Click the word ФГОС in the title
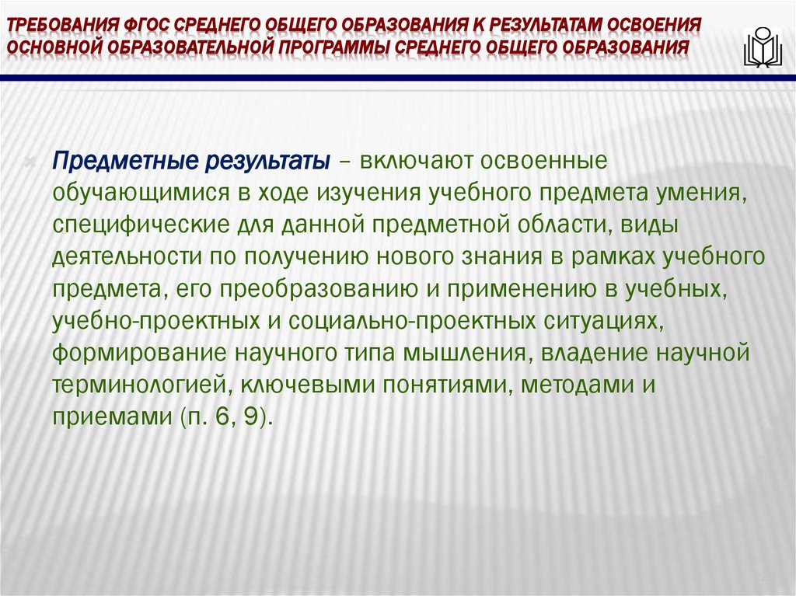pos(146,23)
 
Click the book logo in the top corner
pos(761,47)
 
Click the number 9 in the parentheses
pos(250,416)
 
